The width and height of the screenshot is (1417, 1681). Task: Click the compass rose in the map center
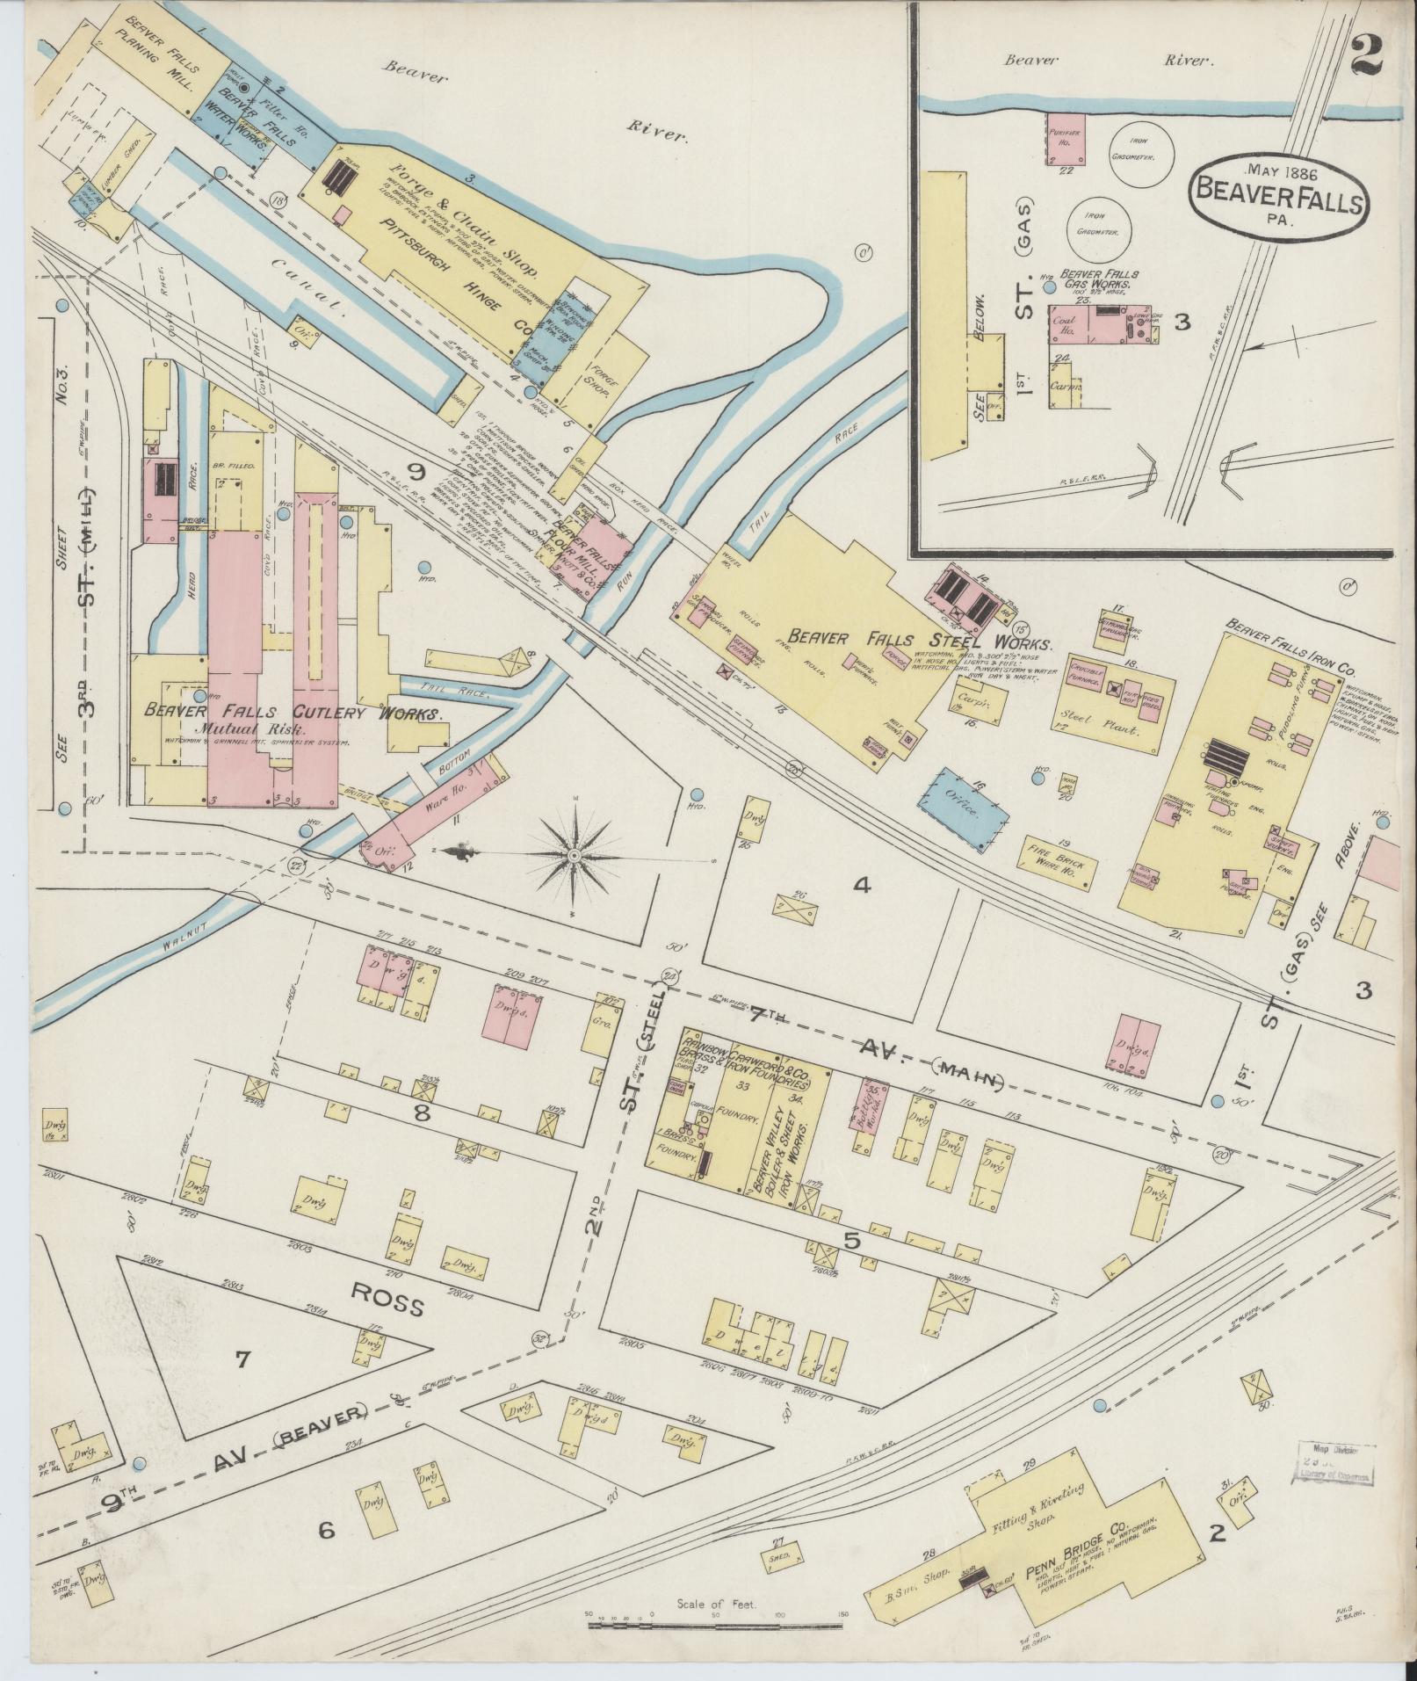pyautogui.click(x=573, y=854)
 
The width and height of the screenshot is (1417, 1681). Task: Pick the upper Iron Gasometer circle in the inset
pyautogui.click(x=1140, y=151)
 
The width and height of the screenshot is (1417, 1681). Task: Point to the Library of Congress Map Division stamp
pyautogui.click(x=1336, y=1465)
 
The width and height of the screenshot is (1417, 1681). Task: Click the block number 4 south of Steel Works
pyautogui.click(x=862, y=886)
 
